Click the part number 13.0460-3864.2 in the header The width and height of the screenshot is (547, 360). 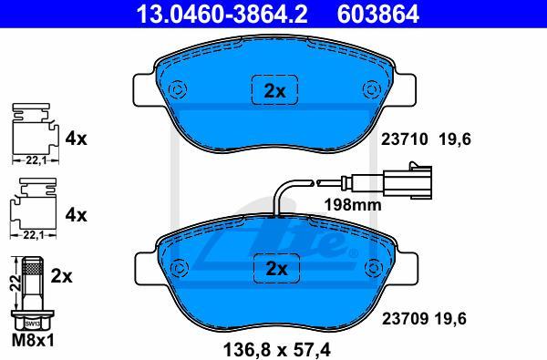[222, 14]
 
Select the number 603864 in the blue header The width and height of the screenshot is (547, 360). [377, 14]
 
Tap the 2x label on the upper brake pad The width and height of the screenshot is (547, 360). [274, 91]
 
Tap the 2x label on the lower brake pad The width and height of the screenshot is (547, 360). [276, 269]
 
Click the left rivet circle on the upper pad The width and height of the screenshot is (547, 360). [177, 89]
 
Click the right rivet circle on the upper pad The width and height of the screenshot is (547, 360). [371, 89]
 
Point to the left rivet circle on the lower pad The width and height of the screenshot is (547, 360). [180, 268]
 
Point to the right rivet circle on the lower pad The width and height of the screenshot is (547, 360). [373, 267]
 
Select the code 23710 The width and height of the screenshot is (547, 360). [404, 139]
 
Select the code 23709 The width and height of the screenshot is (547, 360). [405, 318]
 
